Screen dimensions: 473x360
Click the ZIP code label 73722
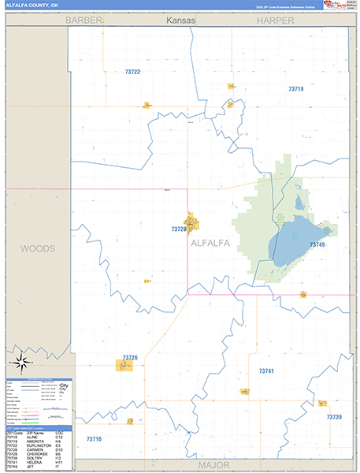(132, 72)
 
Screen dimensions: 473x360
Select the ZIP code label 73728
(179, 229)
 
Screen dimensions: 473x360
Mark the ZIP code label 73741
(266, 370)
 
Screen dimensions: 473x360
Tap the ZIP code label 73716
(94, 438)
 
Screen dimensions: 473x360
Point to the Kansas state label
(180, 20)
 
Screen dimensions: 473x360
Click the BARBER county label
(84, 20)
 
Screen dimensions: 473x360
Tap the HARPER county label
(274, 20)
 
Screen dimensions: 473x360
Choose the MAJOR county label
(213, 464)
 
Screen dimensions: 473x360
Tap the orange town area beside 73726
(124, 365)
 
